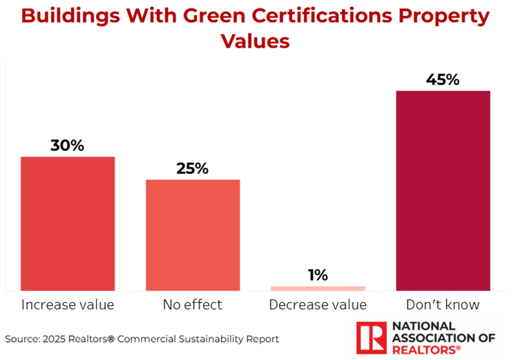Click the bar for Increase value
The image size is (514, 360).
(x=68, y=223)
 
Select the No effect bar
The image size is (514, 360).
(x=193, y=235)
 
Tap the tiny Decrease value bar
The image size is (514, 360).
(x=318, y=288)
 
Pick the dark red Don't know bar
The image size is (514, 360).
(x=443, y=190)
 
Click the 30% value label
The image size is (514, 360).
(x=67, y=146)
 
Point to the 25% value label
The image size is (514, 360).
(x=192, y=169)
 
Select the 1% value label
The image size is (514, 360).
(x=318, y=275)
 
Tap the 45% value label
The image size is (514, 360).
(x=443, y=79)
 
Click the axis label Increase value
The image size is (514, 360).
(x=68, y=305)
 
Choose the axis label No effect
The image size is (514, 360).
(x=193, y=305)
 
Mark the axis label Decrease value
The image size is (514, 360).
(x=318, y=305)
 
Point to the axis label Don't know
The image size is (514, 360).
(x=444, y=305)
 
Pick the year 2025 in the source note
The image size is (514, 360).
(x=55, y=339)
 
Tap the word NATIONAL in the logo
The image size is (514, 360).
(x=423, y=326)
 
